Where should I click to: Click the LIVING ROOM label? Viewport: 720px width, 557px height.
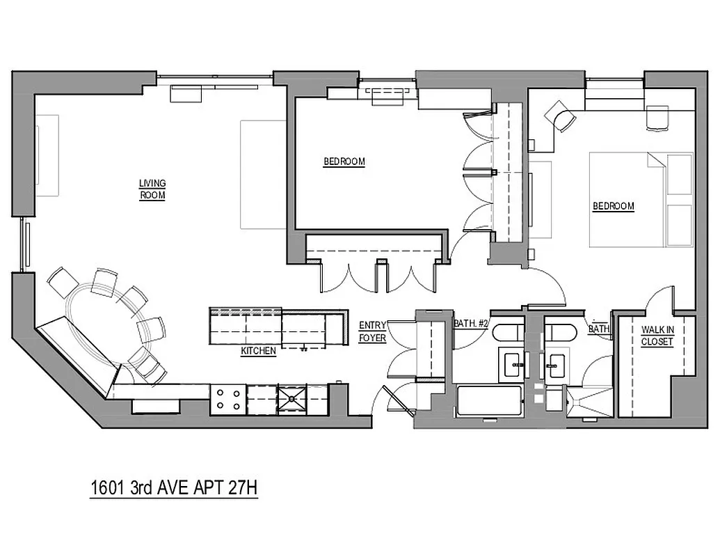pyautogui.click(x=152, y=189)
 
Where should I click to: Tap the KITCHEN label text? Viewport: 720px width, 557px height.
pyautogui.click(x=258, y=352)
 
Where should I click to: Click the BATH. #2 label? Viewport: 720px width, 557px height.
pyautogui.click(x=471, y=324)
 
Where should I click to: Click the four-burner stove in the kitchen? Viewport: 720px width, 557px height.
pyautogui.click(x=228, y=399)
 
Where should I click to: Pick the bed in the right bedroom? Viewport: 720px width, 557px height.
pyautogui.click(x=641, y=200)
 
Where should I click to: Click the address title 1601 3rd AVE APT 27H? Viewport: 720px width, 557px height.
pyautogui.click(x=175, y=488)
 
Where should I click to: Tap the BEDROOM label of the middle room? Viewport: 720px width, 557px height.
pyautogui.click(x=344, y=162)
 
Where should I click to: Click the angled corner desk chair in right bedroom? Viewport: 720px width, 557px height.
pyautogui.click(x=559, y=115)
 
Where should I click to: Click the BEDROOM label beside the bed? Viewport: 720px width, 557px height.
pyautogui.click(x=613, y=206)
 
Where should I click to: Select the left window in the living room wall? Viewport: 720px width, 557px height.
pyautogui.click(x=26, y=244)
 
